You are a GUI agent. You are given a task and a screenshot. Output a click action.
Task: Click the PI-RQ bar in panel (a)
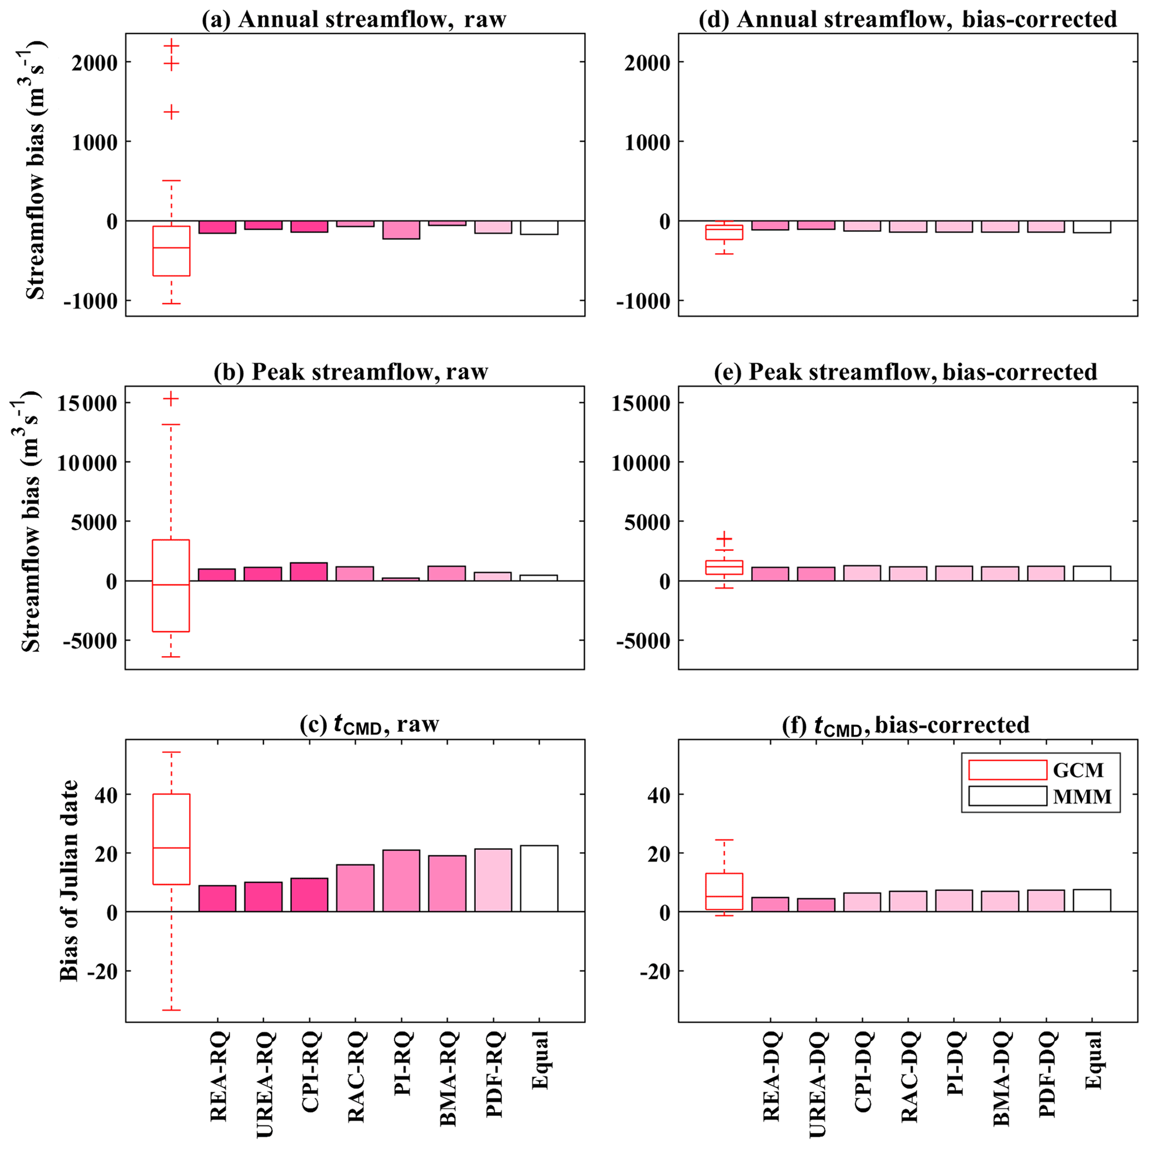pos(401,230)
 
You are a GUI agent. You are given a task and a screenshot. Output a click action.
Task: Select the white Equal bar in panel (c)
pos(539,878)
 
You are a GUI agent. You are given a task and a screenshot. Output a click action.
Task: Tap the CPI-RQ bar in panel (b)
pos(309,572)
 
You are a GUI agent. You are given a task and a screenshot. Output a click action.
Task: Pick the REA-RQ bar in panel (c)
pos(217,899)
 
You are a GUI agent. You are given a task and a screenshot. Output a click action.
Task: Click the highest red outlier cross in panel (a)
pos(171,46)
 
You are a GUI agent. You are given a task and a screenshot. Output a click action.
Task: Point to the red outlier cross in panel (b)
pos(171,399)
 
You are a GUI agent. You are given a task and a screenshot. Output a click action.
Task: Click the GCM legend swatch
pos(1007,770)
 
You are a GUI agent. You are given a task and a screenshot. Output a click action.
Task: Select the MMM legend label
pos(1082,797)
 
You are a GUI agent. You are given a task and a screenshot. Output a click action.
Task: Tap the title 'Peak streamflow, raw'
pos(351,372)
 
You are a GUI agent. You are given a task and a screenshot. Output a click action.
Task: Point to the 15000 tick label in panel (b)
pos(87,403)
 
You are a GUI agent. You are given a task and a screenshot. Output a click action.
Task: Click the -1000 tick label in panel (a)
pos(94,301)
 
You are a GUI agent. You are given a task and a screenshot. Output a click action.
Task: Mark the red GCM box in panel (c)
pos(171,839)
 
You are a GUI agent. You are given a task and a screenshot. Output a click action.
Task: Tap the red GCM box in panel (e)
pos(724,567)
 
